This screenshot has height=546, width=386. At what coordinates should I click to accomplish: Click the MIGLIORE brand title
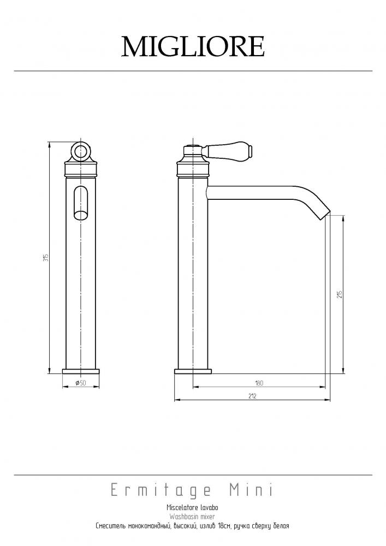pos(193,46)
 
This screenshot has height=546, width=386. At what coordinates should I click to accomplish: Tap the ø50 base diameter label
pos(80,383)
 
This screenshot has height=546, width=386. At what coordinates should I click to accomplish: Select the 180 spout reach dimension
pos(259,383)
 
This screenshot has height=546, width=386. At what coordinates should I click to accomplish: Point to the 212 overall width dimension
pos(252,396)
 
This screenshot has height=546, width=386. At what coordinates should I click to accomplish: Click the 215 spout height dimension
pos(340,294)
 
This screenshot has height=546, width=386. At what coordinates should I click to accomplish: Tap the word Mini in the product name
pos(251,490)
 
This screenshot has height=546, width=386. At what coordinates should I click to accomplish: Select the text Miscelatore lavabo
pos(193,507)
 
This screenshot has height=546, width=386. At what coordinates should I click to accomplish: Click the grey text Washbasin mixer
pos(192,517)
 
